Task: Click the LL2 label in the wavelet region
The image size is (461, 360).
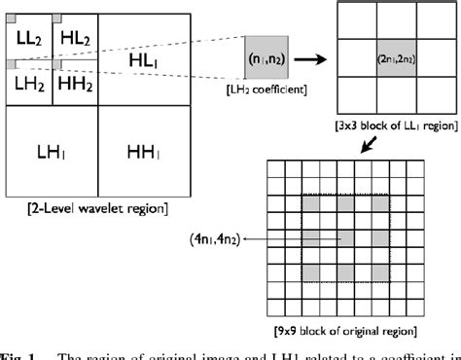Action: click(x=28, y=37)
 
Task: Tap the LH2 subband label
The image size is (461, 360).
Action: click(x=28, y=83)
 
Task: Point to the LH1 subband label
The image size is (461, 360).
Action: click(x=52, y=154)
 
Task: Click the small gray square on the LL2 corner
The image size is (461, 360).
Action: click(x=11, y=18)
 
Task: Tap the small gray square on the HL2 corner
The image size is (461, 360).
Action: click(x=56, y=18)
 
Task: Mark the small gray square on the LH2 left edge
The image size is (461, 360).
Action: click(x=10, y=64)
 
